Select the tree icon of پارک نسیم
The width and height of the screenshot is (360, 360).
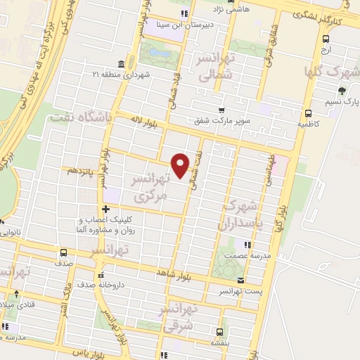(x=342, y=90)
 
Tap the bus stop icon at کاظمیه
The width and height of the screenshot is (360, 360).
(x=308, y=113)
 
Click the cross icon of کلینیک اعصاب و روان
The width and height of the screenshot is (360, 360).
(x=105, y=209)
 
